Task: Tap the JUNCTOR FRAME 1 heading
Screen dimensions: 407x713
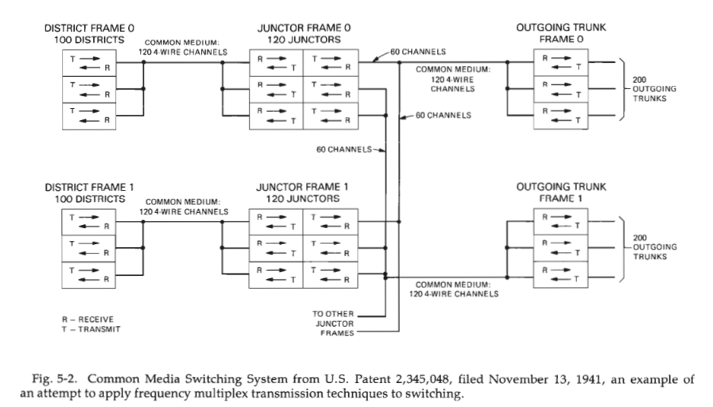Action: pyautogui.click(x=303, y=187)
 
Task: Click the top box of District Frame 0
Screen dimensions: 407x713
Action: pyautogui.click(x=90, y=63)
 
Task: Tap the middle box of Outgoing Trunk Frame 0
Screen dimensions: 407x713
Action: pyautogui.click(x=560, y=89)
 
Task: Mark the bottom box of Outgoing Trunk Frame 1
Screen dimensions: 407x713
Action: pyautogui.click(x=560, y=274)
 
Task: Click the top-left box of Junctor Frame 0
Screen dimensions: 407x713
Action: pyautogui.click(x=276, y=63)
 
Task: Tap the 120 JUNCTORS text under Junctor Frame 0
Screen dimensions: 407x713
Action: pyautogui.click(x=304, y=38)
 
